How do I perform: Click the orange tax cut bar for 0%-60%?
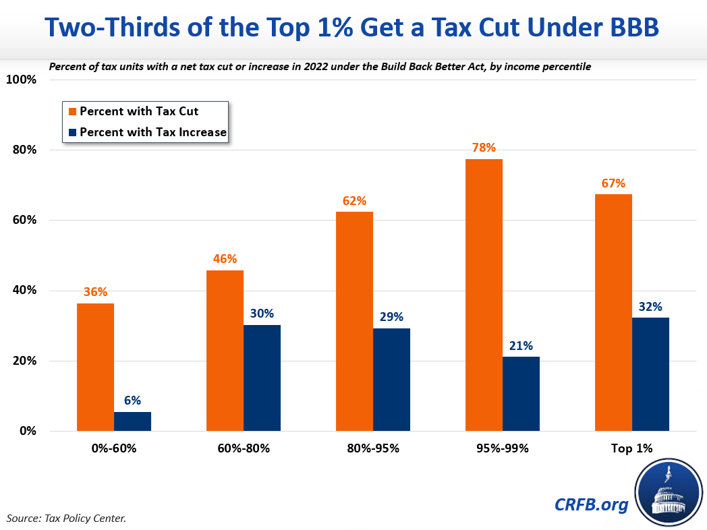95,367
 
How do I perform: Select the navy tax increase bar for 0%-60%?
132,421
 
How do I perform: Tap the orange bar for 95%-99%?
484,295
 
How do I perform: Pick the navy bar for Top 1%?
650,374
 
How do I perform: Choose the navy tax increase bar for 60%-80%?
262,378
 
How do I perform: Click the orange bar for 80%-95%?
354,321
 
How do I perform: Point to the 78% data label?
484,148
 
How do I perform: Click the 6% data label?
132,401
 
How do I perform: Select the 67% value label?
613,183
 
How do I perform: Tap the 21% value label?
521,346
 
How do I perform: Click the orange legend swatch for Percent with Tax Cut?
70,111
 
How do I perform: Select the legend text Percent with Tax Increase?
152,132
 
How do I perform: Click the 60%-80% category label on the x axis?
244,448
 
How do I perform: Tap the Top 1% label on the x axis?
631,448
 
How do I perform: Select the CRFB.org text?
592,504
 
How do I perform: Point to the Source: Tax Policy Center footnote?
66,518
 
